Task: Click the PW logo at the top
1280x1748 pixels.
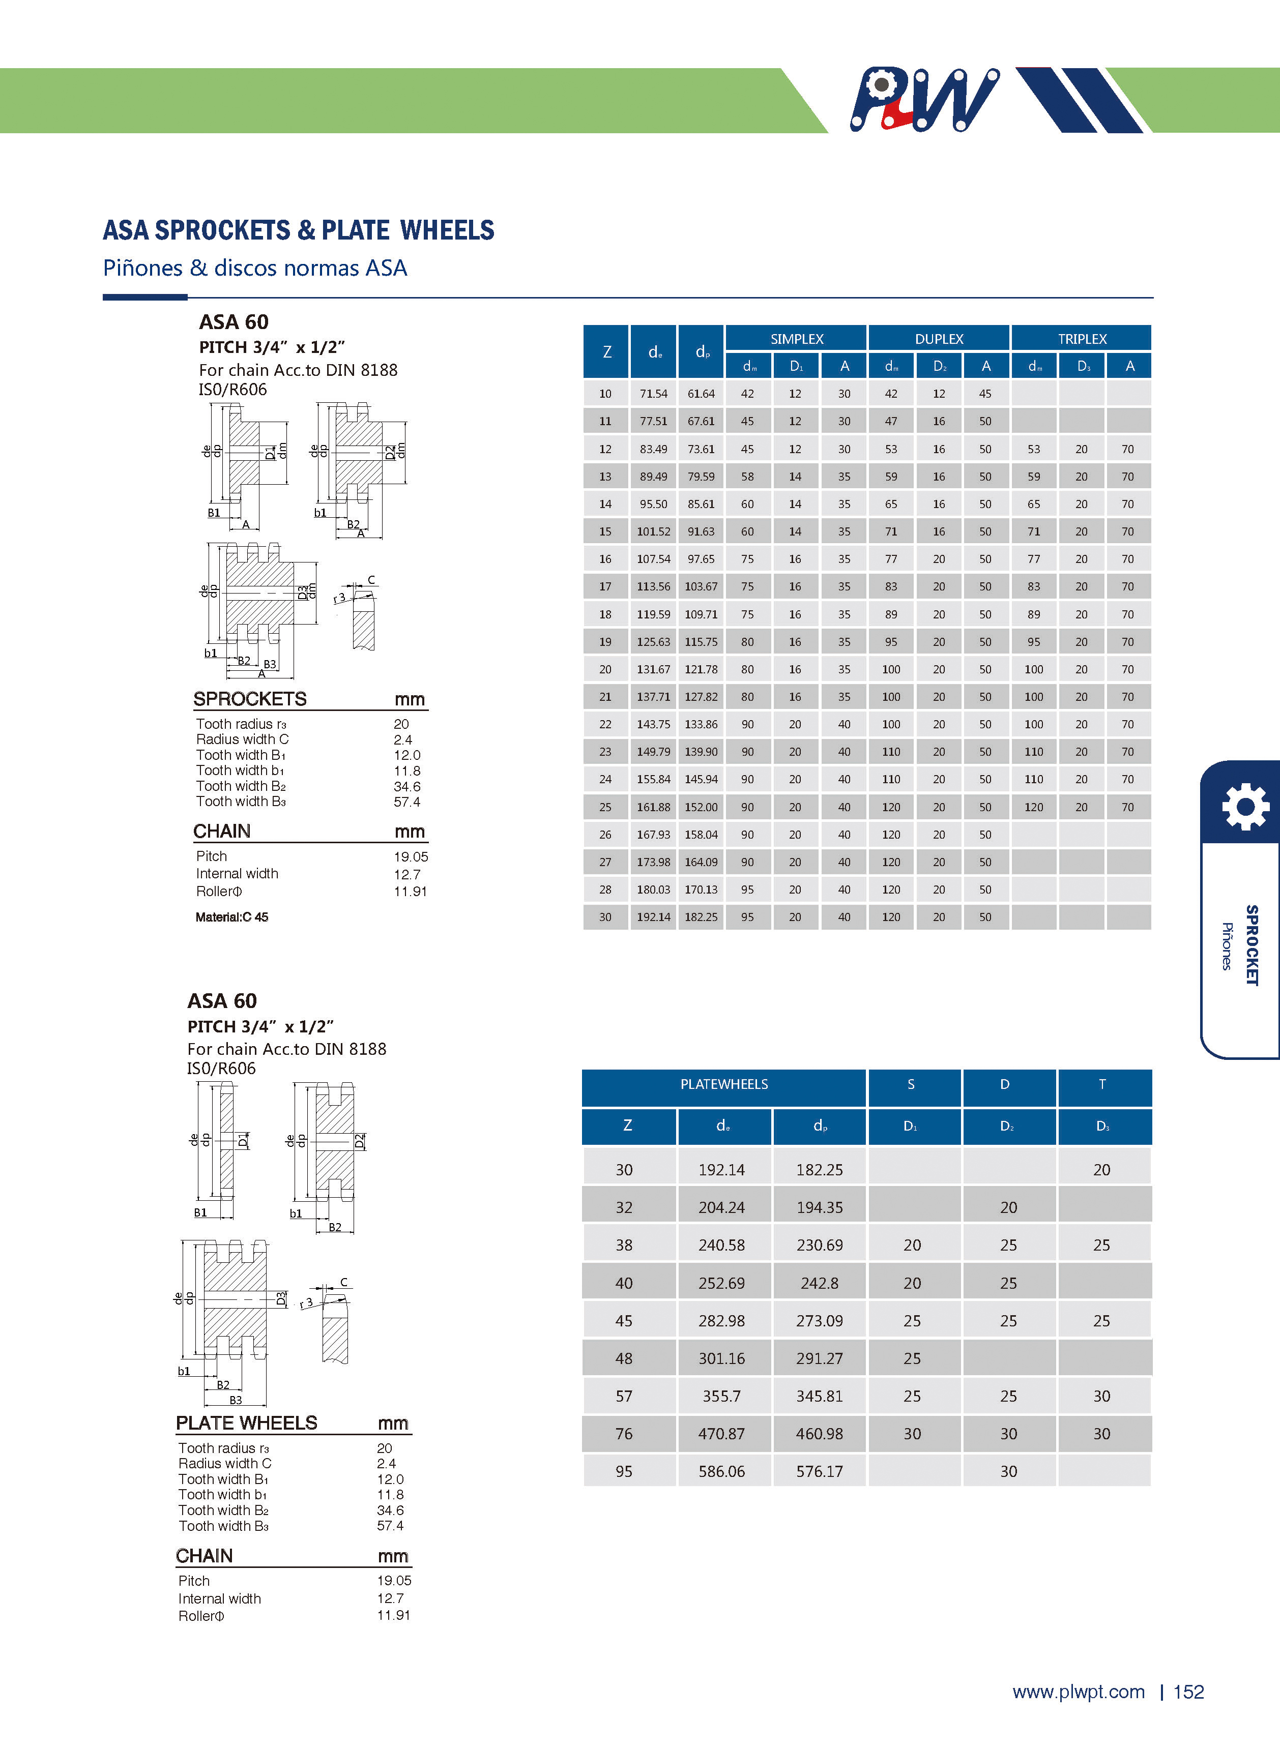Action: (923, 99)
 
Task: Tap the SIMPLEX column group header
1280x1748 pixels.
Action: (797, 338)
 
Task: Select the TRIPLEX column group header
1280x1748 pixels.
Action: (1082, 338)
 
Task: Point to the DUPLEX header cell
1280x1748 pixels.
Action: (938, 338)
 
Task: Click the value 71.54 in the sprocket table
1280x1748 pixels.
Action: (653, 394)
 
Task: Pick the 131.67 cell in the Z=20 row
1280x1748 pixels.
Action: (653, 669)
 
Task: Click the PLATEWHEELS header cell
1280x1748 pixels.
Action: (723, 1084)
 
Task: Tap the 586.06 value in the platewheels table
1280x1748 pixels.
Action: (721, 1471)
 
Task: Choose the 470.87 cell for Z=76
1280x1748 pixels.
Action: (721, 1434)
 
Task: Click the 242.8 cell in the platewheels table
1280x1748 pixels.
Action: (819, 1283)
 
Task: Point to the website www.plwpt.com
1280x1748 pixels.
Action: (1078, 1692)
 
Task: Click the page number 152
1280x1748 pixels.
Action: (1188, 1692)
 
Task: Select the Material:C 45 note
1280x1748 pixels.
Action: (231, 917)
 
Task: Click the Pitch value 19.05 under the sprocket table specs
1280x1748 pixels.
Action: (411, 856)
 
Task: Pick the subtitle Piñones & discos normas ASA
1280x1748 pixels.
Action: (255, 268)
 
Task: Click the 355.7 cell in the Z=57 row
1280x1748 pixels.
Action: (721, 1397)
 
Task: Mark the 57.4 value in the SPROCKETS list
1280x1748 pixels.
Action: (407, 802)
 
